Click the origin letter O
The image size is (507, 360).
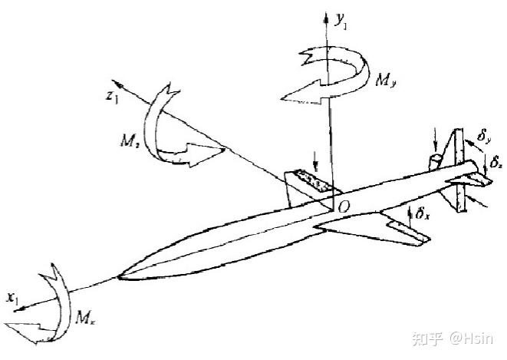pos(344,205)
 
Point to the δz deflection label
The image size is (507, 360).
pos(497,163)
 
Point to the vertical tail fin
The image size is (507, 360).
pos(458,165)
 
